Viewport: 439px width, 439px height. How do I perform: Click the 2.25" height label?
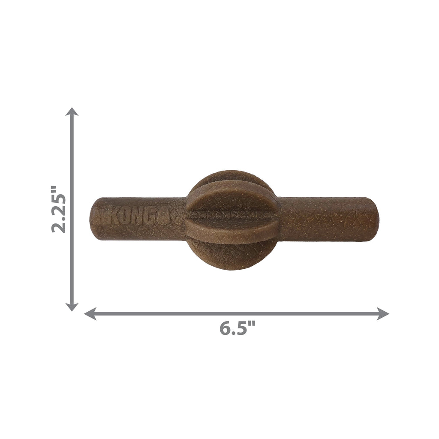[x=59, y=209]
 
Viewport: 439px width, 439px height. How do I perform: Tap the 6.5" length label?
[x=237, y=329]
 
